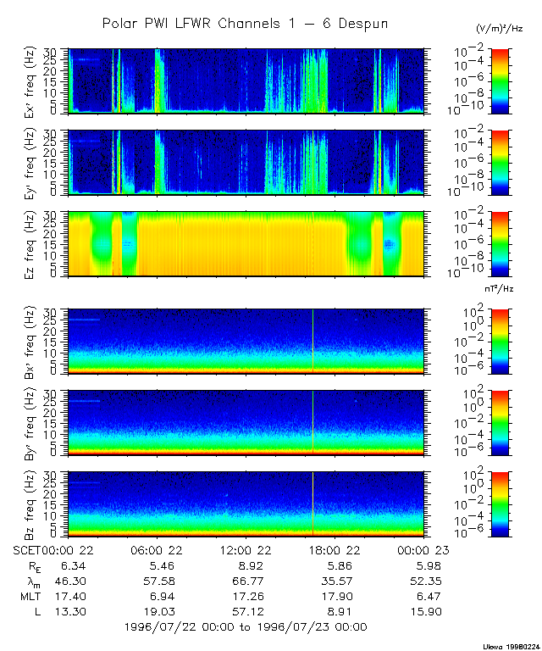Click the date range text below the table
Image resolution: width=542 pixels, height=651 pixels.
coord(245,627)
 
